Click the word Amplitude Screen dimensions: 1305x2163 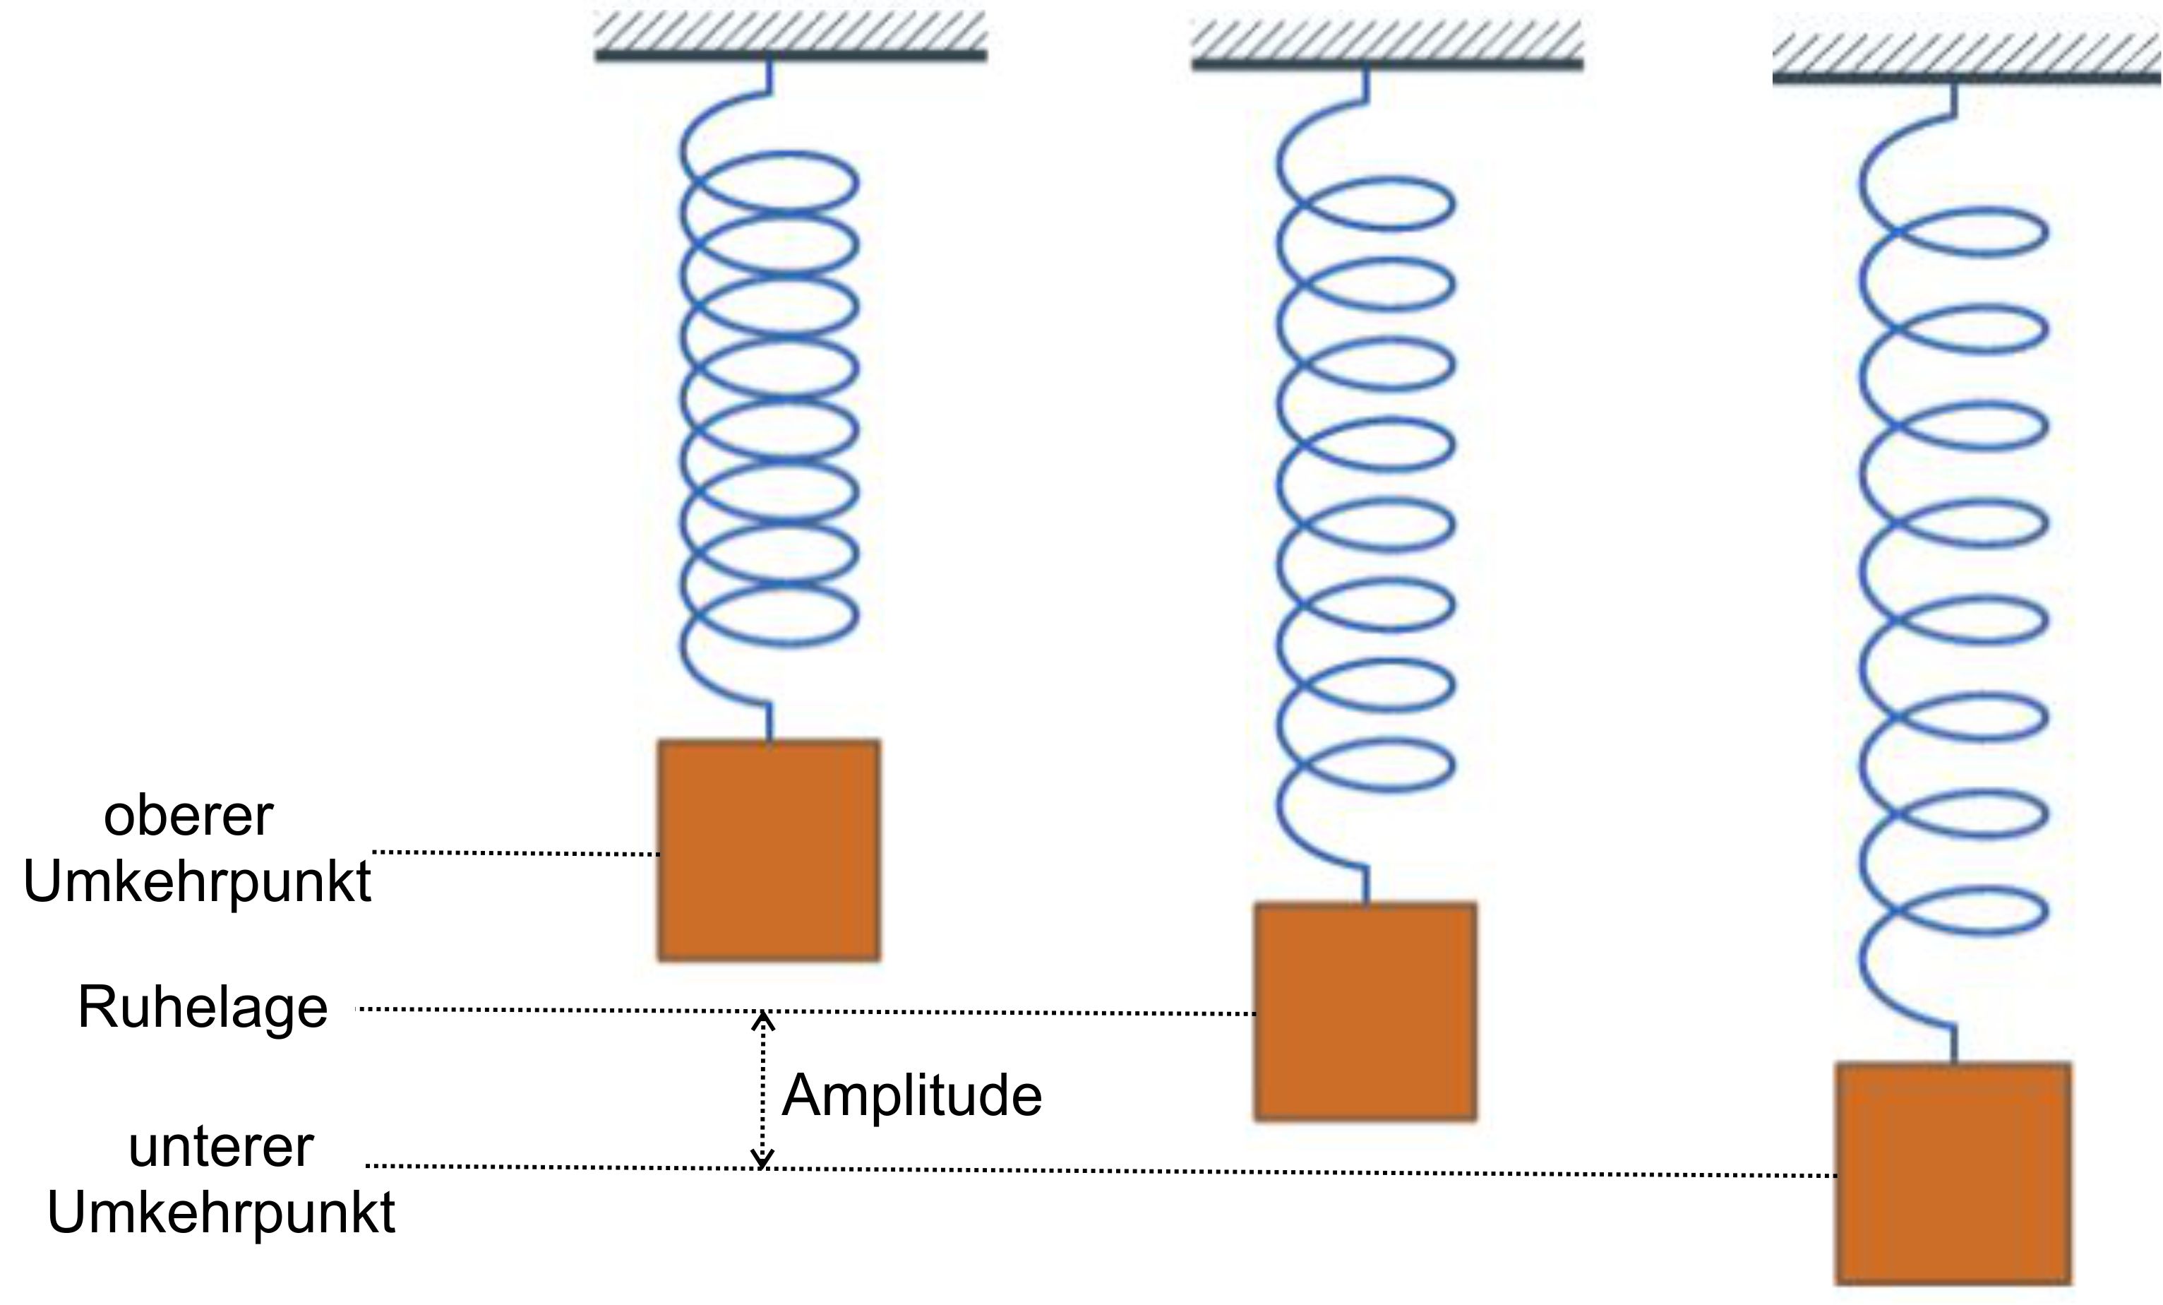click(x=911, y=1096)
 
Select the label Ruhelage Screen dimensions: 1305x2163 click(x=203, y=1007)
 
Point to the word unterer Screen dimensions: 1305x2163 click(x=220, y=1147)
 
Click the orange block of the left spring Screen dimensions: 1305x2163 click(x=769, y=850)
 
